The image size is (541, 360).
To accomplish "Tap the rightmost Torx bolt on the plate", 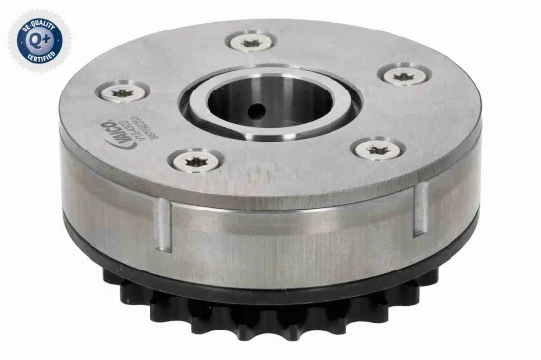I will [x=403, y=75].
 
